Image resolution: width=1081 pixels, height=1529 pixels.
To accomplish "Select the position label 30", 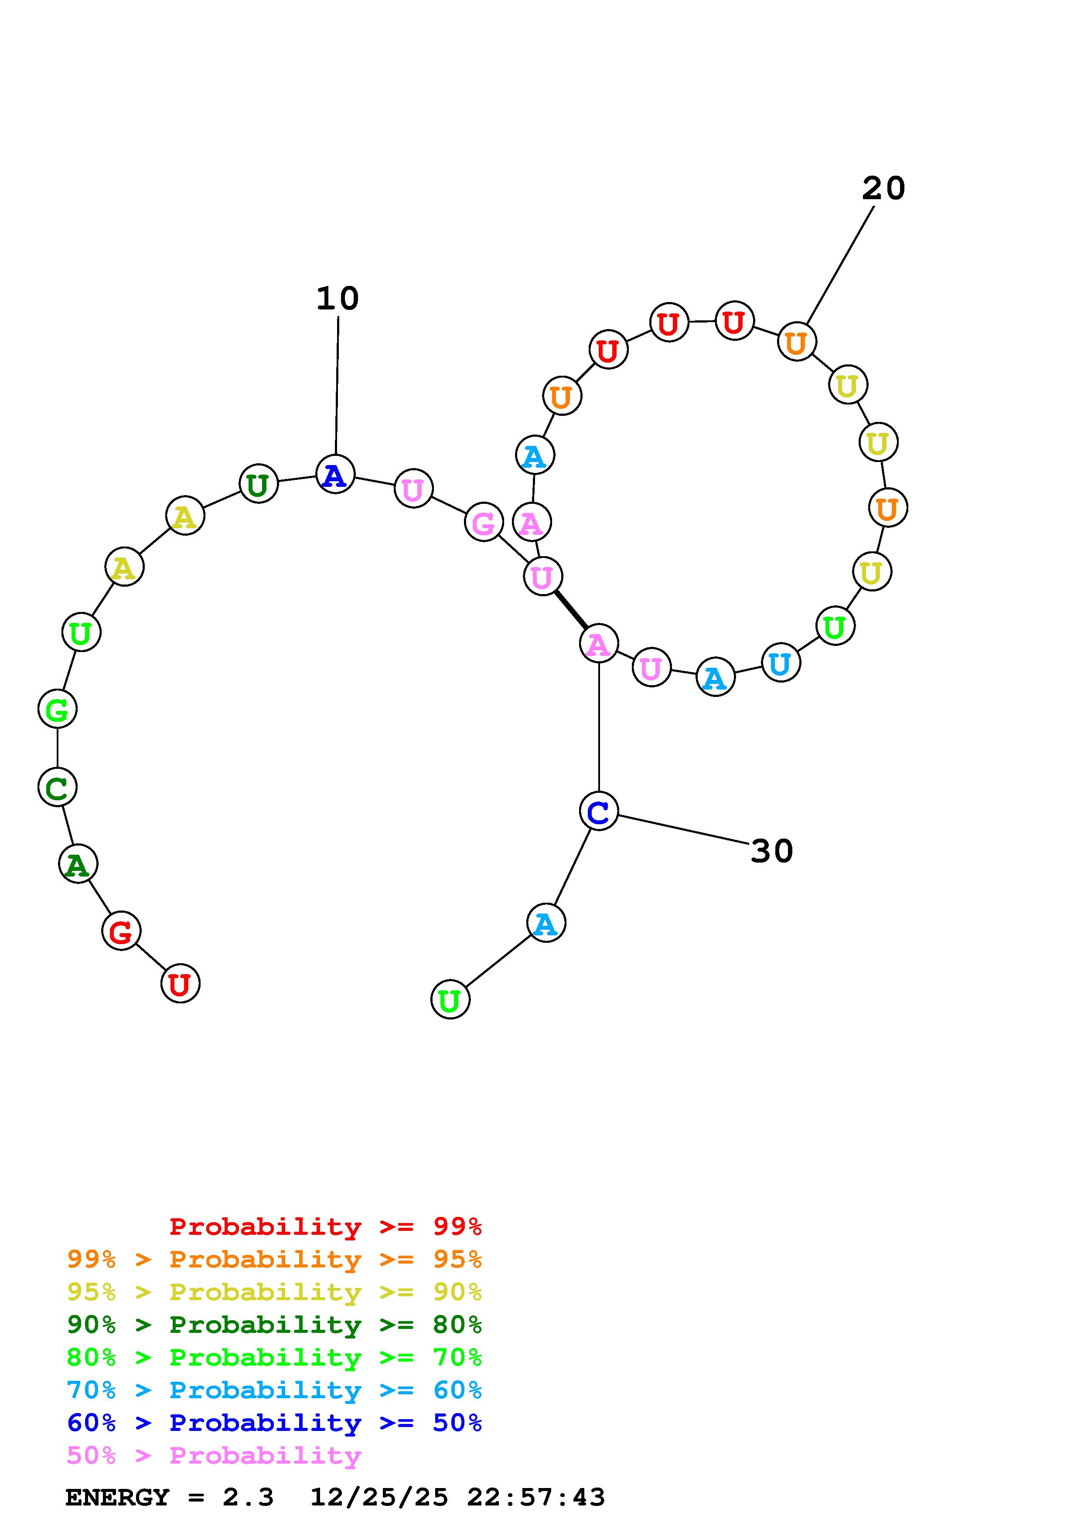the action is [771, 851].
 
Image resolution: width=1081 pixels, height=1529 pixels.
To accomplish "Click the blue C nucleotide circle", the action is [599, 811].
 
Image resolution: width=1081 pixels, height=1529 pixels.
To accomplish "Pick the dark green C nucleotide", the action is [57, 787].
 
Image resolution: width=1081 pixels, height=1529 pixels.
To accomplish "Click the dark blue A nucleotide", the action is [335, 474].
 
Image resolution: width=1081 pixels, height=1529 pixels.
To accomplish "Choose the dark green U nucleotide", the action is [258, 484].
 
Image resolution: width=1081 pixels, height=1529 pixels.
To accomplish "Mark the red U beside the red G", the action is [180, 984].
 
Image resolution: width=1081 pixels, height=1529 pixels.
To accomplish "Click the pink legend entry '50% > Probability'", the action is [214, 1456].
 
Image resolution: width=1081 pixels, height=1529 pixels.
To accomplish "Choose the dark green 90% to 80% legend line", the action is [274, 1325].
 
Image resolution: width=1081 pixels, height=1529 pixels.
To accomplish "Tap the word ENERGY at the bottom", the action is [117, 1498].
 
